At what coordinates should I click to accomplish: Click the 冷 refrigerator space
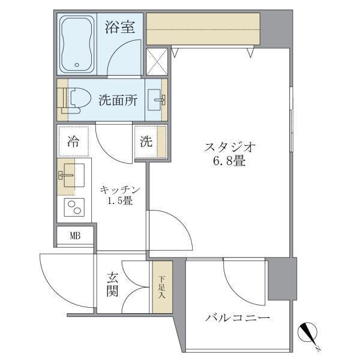(73, 142)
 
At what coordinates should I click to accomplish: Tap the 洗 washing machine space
(147, 142)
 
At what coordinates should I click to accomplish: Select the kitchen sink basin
(71, 175)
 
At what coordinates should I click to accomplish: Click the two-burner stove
(74, 208)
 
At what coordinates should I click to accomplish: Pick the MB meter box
(75, 235)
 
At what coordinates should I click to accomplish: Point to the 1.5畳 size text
(120, 201)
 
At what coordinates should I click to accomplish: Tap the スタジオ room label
(230, 147)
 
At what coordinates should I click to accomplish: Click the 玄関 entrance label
(113, 286)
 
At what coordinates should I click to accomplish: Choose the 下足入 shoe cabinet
(161, 287)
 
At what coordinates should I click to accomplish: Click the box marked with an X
(157, 62)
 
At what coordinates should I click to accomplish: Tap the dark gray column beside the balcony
(282, 278)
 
